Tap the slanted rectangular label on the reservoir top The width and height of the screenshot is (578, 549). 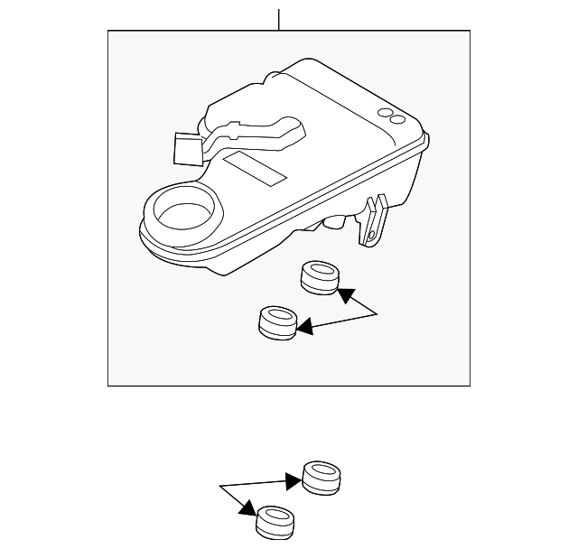point(256,168)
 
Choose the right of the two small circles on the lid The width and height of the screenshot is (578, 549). point(398,118)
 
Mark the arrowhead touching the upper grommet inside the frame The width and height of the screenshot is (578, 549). point(345,294)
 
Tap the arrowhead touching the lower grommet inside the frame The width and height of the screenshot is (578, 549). point(304,327)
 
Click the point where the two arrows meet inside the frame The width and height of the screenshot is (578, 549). point(377,313)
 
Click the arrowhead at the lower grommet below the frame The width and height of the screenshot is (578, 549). point(247,511)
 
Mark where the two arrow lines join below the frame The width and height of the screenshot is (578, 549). point(219,488)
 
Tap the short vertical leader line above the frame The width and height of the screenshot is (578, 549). point(279,19)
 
